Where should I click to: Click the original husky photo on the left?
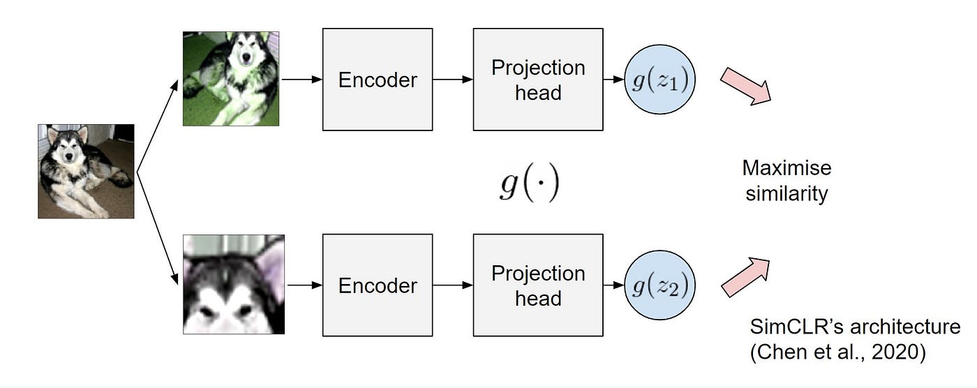click(x=86, y=171)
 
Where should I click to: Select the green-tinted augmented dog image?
click(x=231, y=79)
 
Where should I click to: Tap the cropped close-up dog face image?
click(x=234, y=284)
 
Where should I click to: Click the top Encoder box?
click(x=378, y=80)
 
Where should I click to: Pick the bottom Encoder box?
click(x=378, y=285)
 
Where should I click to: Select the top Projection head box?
click(x=538, y=80)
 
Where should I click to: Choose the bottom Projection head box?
click(x=538, y=285)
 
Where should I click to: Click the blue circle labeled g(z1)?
click(x=660, y=80)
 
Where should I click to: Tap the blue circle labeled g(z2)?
click(x=660, y=285)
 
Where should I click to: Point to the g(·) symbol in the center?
click(x=529, y=186)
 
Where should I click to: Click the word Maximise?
click(x=786, y=168)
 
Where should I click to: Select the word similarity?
click(x=786, y=193)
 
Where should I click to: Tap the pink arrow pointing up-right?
click(x=745, y=277)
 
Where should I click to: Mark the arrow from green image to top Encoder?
click(x=300, y=80)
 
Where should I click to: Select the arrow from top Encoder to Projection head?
click(x=452, y=80)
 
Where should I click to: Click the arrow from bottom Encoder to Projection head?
click(x=452, y=285)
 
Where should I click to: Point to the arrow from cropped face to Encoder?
click(x=304, y=285)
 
